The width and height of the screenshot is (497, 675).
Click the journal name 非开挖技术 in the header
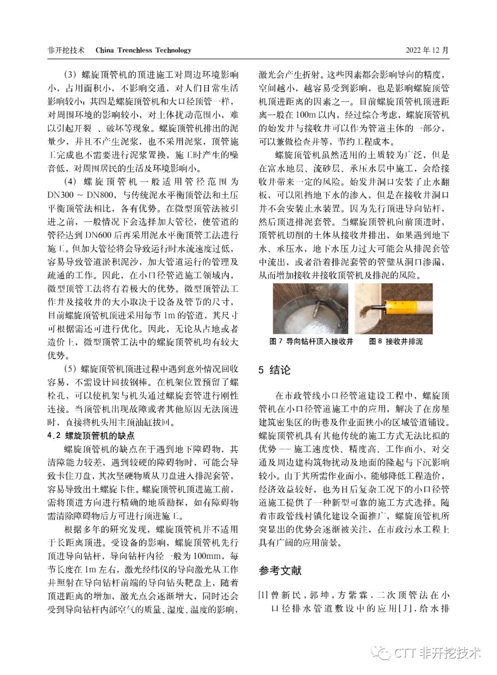click(66, 50)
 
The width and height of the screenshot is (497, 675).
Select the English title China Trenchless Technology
click(143, 50)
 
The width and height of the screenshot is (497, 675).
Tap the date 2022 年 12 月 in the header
click(427, 50)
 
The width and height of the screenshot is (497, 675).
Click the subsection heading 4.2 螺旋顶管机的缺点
click(92, 436)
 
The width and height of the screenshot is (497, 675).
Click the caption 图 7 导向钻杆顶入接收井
click(311, 342)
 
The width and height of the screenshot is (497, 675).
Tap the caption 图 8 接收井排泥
click(396, 342)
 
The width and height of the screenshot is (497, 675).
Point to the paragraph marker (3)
click(70, 75)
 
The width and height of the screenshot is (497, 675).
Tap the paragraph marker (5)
click(70, 369)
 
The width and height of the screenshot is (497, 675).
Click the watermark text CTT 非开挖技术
click(438, 652)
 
